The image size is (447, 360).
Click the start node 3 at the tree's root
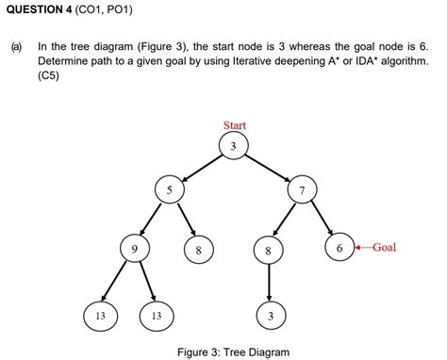(234, 145)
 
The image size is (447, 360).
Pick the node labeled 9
(134, 249)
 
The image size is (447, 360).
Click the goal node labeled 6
(339, 248)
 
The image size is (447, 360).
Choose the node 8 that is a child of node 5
(198, 252)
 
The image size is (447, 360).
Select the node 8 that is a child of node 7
(270, 252)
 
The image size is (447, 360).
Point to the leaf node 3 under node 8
(270, 315)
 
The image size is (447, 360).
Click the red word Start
(234, 125)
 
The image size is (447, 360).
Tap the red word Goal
(384, 248)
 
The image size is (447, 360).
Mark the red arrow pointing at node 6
(362, 248)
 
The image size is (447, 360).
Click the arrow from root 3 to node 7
(268, 168)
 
